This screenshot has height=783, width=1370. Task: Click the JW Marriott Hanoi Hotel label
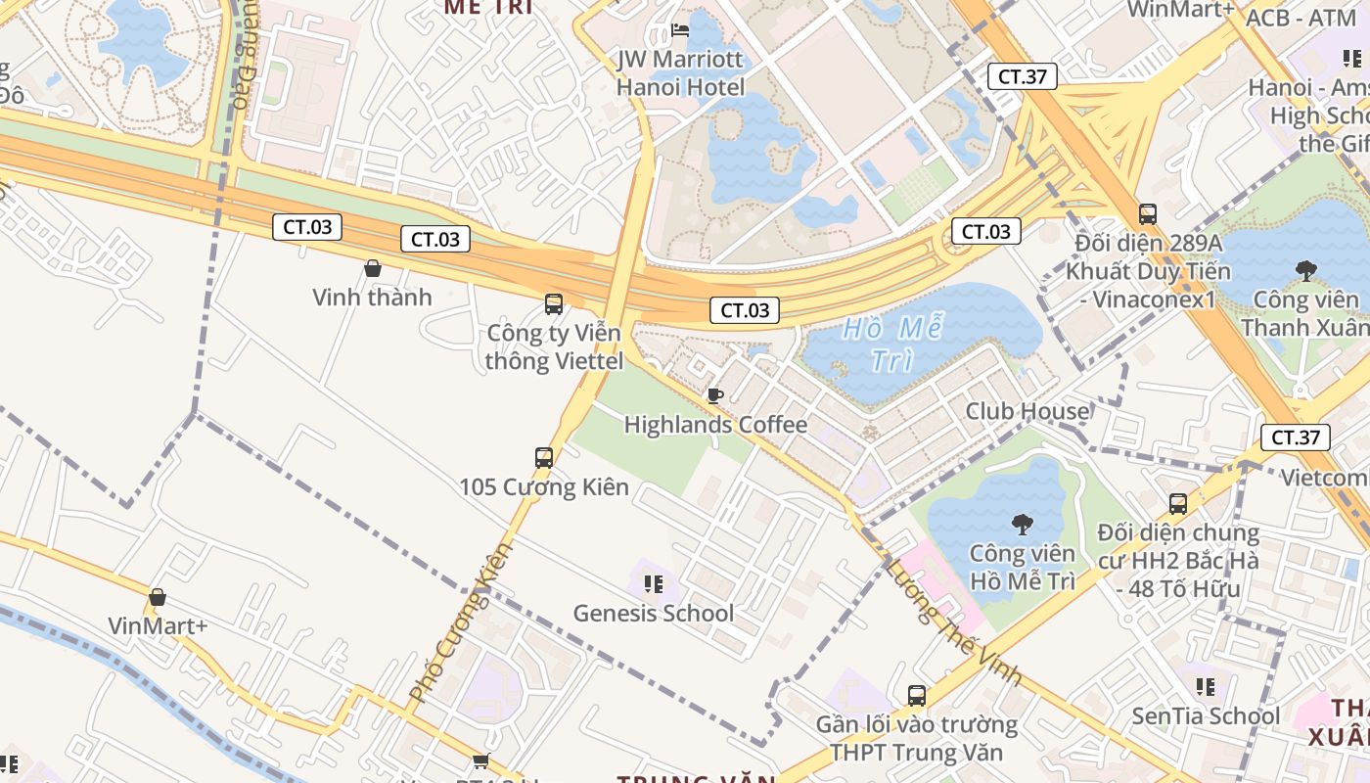680,73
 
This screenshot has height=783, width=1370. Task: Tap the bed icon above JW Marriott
680,30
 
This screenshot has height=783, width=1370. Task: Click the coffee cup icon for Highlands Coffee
715,395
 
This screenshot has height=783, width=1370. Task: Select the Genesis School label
653,614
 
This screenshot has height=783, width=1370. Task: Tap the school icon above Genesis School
654,584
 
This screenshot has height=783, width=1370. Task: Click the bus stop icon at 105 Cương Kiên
544,457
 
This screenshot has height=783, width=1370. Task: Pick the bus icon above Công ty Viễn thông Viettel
554,304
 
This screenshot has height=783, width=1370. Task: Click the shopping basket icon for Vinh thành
372,268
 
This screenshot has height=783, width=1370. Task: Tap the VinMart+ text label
158,626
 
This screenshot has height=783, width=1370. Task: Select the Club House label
1027,411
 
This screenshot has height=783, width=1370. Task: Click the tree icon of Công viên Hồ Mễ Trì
1023,525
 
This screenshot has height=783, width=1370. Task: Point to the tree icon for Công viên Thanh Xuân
1305,270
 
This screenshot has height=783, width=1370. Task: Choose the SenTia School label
1206,716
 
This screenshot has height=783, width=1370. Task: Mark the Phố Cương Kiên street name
461,622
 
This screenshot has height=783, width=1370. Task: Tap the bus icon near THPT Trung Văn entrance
917,696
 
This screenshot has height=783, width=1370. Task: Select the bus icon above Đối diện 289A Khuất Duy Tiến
1148,213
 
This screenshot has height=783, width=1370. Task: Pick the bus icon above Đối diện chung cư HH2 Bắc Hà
1178,504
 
